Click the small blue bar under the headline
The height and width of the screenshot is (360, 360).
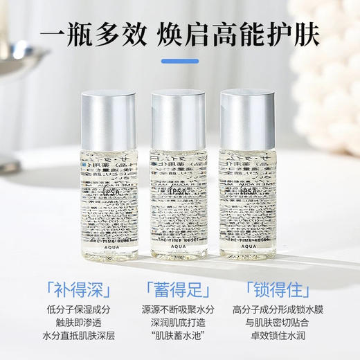click(x=179, y=60)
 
